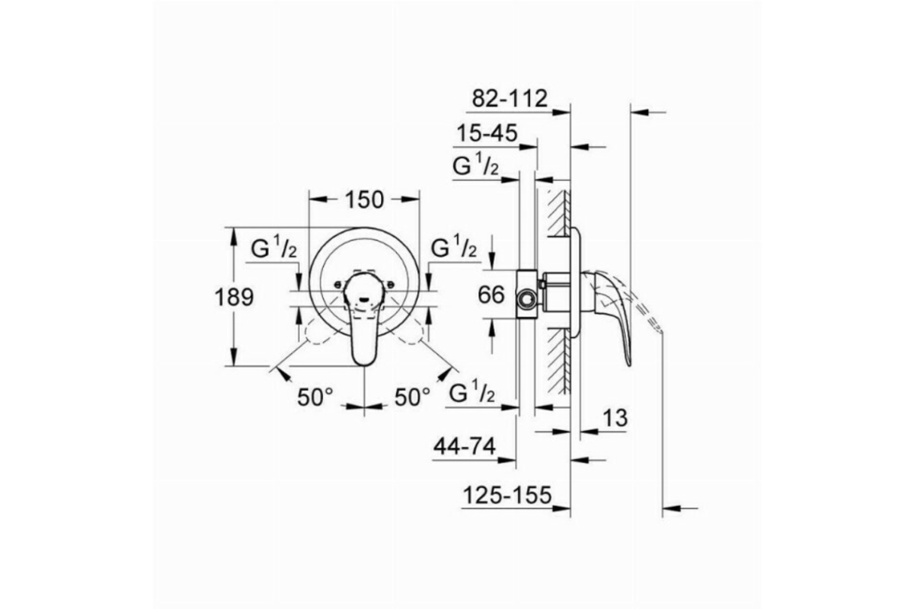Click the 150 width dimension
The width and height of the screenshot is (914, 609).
364,199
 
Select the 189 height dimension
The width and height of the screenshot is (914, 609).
235,297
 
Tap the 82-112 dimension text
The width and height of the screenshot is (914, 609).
510,98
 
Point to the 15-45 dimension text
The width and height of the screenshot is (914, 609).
487,133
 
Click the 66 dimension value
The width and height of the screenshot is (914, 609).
491,295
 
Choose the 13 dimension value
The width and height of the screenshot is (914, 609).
615,418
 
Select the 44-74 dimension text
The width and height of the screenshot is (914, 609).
465,446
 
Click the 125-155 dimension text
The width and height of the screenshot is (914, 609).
507,495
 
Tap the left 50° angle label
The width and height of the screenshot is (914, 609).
315,397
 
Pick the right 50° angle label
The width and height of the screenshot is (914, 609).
412,397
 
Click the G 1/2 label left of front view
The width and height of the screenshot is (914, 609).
273,247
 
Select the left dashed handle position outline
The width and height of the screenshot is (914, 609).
322,327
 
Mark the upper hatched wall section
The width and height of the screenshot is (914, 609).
558,212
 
